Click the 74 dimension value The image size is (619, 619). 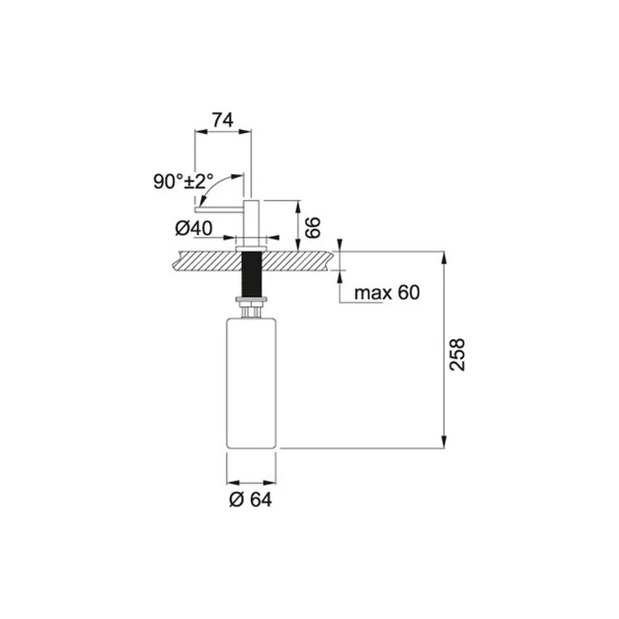223,120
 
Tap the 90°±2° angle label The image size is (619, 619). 183,182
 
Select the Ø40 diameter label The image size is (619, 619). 193,228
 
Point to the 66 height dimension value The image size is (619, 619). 313,227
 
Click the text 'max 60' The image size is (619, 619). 387,293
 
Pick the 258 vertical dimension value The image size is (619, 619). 457,354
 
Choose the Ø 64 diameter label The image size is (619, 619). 251,500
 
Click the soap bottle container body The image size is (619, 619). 251,383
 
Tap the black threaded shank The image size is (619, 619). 251,274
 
